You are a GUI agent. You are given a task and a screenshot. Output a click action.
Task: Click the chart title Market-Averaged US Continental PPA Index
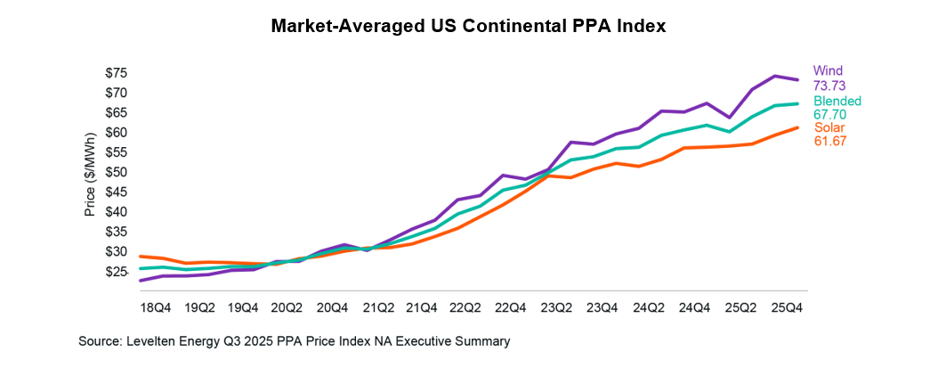point(469,28)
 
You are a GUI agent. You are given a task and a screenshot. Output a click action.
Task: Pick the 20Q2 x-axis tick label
point(286,307)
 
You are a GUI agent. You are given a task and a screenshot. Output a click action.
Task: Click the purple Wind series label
point(828,70)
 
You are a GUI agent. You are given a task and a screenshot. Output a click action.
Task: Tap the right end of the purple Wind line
point(797,80)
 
